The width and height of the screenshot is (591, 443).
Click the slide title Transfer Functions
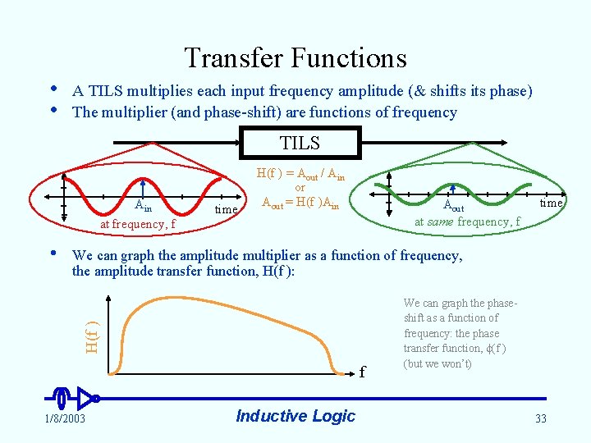click(x=295, y=58)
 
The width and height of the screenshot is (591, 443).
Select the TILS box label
click(x=300, y=144)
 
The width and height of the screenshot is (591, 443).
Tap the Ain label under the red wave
click(x=144, y=207)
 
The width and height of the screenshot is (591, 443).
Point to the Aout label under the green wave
click(x=453, y=207)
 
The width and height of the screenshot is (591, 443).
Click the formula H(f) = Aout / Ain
click(x=300, y=174)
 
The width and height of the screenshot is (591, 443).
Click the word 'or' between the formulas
click(x=300, y=189)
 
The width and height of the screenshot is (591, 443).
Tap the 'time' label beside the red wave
click(x=226, y=209)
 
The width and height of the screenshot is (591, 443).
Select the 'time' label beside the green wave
click(x=551, y=203)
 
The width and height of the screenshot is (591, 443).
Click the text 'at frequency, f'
click(x=137, y=224)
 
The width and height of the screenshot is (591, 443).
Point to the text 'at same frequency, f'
click(x=467, y=221)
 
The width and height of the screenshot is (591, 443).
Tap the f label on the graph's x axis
click(x=361, y=372)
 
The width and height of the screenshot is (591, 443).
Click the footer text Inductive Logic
click(x=295, y=416)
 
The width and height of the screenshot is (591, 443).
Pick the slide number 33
click(x=540, y=419)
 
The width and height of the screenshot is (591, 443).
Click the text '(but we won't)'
click(x=438, y=363)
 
